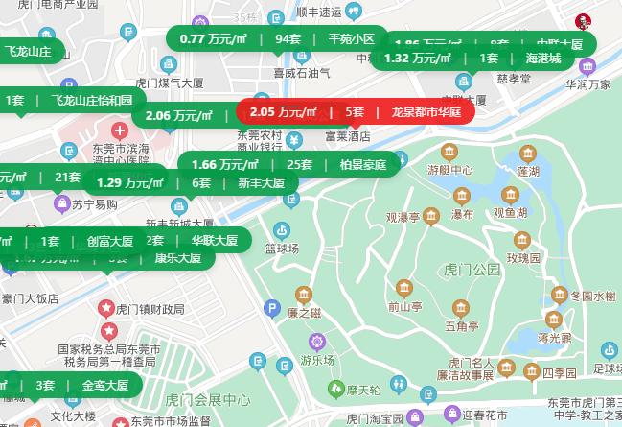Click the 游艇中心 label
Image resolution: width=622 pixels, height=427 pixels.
click(x=449, y=170)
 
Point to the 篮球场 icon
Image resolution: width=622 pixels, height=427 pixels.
click(x=282, y=229)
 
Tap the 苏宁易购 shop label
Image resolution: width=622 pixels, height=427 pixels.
click(x=94, y=204)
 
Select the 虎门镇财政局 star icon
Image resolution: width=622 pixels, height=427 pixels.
click(x=106, y=308)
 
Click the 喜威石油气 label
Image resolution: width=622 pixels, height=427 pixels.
click(x=302, y=72)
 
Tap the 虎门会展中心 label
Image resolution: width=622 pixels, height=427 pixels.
click(x=207, y=399)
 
